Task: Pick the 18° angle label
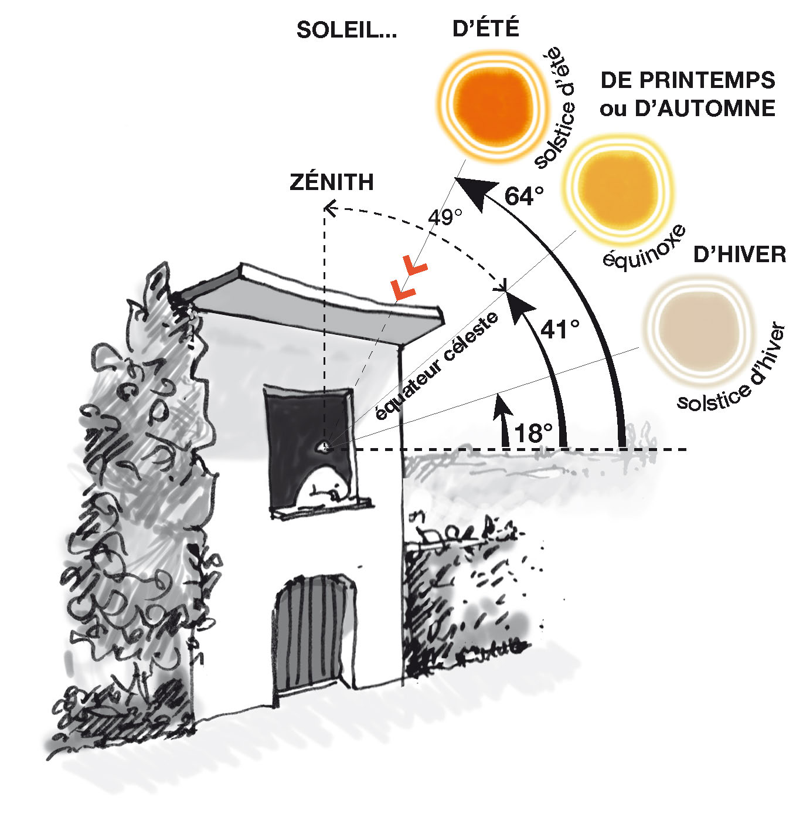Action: pyautogui.click(x=533, y=433)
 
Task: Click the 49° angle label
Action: pyautogui.click(x=444, y=218)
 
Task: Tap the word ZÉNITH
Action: pyautogui.click(x=331, y=182)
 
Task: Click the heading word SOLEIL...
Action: pyautogui.click(x=340, y=30)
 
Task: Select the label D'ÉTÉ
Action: pyautogui.click(x=486, y=28)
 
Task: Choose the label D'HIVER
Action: pyautogui.click(x=740, y=255)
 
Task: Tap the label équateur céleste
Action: pyautogui.click(x=437, y=366)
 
